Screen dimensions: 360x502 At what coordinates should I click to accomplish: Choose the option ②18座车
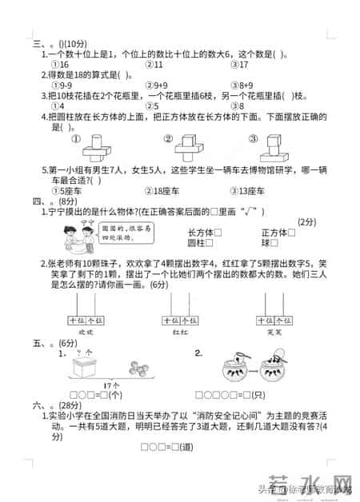pyautogui.click(x=165, y=190)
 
